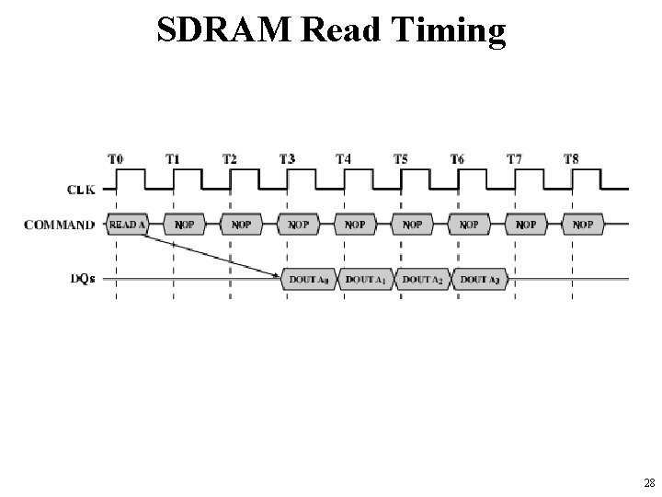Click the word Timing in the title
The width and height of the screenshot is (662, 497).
click(x=452, y=30)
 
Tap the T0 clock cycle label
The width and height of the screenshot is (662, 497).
click(x=117, y=159)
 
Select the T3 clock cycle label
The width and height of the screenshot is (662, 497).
click(x=287, y=159)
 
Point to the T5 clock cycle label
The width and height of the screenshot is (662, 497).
click(x=402, y=159)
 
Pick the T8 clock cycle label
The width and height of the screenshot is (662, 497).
click(x=571, y=159)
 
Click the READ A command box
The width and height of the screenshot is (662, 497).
click(x=128, y=224)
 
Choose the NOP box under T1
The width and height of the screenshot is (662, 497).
click(x=185, y=224)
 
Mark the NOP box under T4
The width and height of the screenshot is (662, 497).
click(x=355, y=224)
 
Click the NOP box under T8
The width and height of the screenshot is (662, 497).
click(x=583, y=224)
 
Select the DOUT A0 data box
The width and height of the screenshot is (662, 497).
click(x=310, y=278)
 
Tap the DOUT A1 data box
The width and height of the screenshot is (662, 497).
click(x=367, y=278)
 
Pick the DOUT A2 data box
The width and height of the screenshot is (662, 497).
click(x=424, y=278)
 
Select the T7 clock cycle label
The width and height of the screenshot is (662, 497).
click(x=514, y=159)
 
